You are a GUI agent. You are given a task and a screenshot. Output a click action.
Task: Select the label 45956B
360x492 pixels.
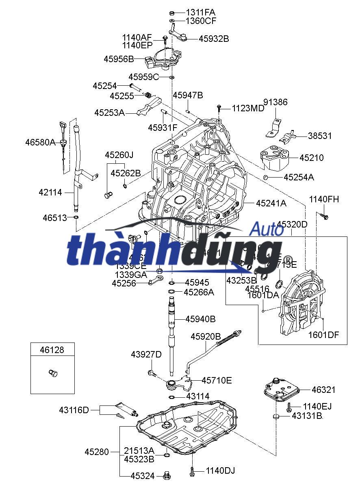(x=119, y=59)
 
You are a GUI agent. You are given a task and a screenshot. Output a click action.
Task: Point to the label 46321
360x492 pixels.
(x=323, y=390)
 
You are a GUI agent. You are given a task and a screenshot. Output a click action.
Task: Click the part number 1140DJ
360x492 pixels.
(x=220, y=471)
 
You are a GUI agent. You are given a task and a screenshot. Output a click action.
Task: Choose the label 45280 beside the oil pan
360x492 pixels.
(x=97, y=452)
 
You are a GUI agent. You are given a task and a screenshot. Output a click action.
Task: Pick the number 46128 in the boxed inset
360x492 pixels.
(x=52, y=350)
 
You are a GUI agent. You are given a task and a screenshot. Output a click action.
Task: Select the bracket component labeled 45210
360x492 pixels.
(x=274, y=158)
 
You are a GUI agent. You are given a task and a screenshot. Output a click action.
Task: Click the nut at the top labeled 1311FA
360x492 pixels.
(x=172, y=12)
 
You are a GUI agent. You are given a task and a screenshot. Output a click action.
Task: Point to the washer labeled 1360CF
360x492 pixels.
(x=172, y=20)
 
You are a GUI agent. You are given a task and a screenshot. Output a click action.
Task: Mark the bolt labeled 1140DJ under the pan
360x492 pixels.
(x=192, y=471)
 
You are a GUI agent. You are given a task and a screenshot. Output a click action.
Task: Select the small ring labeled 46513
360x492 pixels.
(x=76, y=218)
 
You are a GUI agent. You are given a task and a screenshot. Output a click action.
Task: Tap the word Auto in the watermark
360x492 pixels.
(x=266, y=229)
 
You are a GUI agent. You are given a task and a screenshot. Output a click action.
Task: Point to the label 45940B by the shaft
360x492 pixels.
(x=201, y=319)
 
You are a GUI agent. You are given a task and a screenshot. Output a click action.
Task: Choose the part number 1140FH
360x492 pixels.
(x=324, y=199)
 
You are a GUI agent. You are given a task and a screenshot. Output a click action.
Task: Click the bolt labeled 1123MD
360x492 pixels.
(x=219, y=108)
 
